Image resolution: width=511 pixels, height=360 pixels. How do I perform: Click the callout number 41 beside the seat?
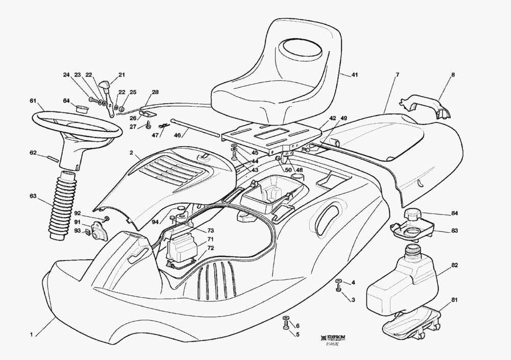point(355,75)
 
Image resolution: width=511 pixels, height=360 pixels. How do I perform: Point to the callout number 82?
point(455,266)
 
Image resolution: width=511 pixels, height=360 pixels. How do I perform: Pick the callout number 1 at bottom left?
point(31,335)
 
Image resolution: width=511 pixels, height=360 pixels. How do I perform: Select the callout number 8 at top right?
point(452,75)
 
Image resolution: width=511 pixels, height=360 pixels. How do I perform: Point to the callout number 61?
point(33,100)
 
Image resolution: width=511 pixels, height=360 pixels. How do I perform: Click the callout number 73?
point(211,231)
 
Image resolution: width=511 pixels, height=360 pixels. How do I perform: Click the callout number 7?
point(397,75)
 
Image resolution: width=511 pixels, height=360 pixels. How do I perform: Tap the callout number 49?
point(344,118)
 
